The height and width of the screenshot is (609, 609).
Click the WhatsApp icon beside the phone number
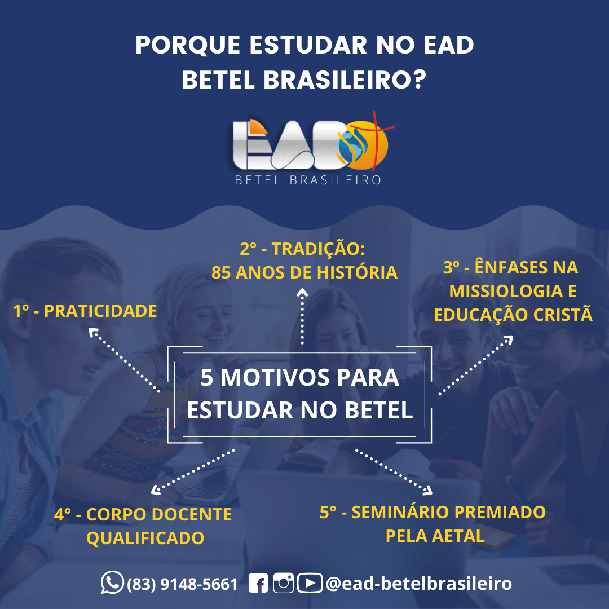click(112, 582)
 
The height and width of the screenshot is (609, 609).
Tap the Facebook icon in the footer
click(258, 583)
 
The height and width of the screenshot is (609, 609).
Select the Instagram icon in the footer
click(283, 583)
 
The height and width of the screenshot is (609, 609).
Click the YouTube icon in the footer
click(310, 583)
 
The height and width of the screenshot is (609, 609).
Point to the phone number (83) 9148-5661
click(182, 584)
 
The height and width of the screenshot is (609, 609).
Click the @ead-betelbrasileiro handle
click(418, 584)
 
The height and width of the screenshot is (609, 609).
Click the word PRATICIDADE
click(100, 311)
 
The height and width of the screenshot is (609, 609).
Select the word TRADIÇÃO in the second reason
click(318, 249)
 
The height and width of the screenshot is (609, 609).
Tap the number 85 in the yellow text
click(221, 272)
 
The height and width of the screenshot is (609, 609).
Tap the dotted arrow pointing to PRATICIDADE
click(124, 360)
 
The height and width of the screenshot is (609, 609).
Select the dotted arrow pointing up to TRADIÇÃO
click(302, 316)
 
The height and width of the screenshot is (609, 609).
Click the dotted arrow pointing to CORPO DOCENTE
click(193, 472)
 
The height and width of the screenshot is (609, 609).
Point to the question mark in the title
click(418, 80)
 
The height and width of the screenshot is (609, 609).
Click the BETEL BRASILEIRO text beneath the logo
click(308, 180)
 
